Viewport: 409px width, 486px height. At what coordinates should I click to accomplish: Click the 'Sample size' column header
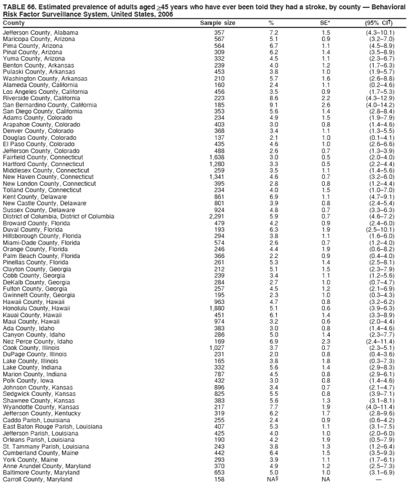click(x=218, y=22)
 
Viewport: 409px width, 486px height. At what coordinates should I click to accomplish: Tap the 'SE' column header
click(x=325, y=22)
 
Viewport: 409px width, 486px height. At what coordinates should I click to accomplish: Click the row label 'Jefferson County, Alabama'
click(x=40, y=32)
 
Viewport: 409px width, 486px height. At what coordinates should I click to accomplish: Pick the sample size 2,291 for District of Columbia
click(x=216, y=216)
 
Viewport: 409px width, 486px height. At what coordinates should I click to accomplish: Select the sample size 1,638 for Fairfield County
click(x=216, y=156)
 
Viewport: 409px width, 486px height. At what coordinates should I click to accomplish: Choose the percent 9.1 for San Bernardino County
click(x=273, y=103)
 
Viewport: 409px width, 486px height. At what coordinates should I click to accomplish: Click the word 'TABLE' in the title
click(x=15, y=6)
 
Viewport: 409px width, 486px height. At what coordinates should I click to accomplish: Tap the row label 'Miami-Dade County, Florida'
click(x=41, y=243)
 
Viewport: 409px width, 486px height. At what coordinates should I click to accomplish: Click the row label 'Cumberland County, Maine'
click(x=41, y=452)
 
